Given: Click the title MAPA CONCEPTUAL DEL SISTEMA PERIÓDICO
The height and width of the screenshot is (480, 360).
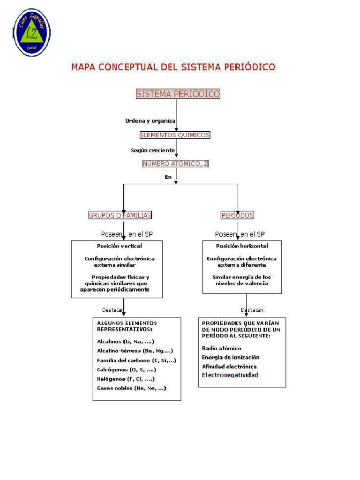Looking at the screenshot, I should (x=173, y=67).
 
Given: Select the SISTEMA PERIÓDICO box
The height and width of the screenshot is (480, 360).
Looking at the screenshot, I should (x=178, y=94).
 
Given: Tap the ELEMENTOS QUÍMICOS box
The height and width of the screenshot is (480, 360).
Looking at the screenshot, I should (x=175, y=135).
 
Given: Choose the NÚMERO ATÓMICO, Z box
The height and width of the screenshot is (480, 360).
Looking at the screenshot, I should (x=175, y=164).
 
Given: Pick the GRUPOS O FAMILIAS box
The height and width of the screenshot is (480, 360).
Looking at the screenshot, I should (x=120, y=215).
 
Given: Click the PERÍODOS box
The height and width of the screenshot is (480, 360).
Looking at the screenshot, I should (x=237, y=215).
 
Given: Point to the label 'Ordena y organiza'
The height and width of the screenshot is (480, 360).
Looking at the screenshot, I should (x=150, y=120).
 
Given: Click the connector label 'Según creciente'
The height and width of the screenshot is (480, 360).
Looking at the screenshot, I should (x=153, y=150).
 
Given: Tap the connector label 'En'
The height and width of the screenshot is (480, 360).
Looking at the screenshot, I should (x=168, y=177).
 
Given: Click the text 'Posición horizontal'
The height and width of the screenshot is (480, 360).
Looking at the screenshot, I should (x=242, y=246).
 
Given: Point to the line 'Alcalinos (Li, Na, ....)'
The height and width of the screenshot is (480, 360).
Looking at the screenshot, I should (x=126, y=341).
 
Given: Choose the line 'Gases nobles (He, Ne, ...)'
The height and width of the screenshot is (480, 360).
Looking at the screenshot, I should (x=131, y=388).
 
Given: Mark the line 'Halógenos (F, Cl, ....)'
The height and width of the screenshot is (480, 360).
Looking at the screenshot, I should (x=126, y=379).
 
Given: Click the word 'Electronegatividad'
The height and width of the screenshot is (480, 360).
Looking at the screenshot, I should (x=230, y=375).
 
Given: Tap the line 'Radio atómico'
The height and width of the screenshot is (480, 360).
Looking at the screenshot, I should (x=222, y=348).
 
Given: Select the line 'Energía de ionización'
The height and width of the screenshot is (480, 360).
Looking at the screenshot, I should (x=231, y=357).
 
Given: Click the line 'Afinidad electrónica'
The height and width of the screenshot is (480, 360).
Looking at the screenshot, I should (x=229, y=366).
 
